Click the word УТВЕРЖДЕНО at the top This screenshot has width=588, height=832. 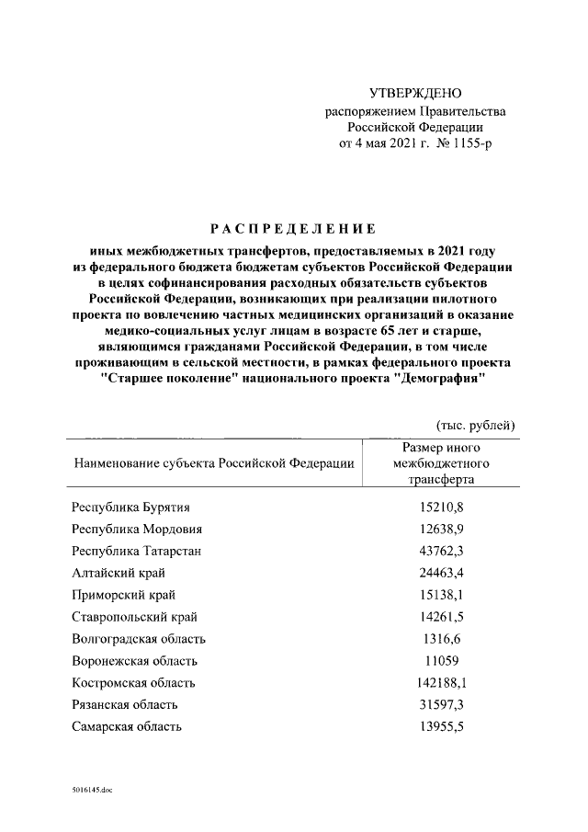point(415,93)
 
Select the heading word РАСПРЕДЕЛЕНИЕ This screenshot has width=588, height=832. point(292,229)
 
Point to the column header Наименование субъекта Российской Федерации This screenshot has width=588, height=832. point(214,463)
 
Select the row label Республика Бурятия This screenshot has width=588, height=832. point(132,507)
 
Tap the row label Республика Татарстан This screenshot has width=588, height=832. point(136,551)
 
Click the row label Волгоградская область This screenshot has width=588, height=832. point(139,639)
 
